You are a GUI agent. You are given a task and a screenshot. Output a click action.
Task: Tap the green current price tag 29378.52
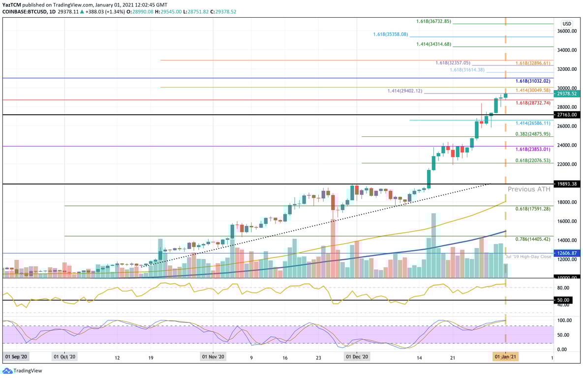(567, 94)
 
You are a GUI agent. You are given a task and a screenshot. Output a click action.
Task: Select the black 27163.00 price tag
(567, 115)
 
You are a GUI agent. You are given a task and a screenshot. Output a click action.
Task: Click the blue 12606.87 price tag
(567, 253)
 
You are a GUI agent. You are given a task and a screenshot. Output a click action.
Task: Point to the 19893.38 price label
(567, 184)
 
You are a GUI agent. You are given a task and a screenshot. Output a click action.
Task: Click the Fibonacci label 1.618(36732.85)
(433, 22)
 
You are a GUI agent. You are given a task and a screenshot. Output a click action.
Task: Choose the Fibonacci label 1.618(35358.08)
(390, 34)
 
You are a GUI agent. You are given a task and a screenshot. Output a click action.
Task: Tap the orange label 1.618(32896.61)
(533, 63)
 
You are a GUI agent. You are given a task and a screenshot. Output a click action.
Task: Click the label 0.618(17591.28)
(533, 209)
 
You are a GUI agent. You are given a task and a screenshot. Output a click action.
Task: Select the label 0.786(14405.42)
(533, 239)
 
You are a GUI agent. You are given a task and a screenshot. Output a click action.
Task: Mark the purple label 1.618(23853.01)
(533, 149)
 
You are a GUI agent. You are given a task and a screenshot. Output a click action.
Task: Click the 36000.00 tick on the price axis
(567, 31)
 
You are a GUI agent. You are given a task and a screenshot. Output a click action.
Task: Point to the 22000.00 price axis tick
(567, 164)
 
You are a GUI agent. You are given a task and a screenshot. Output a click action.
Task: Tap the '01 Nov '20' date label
(213, 357)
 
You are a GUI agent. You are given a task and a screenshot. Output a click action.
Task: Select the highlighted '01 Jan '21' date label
(505, 357)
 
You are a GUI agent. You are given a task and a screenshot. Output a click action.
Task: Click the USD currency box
(566, 24)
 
